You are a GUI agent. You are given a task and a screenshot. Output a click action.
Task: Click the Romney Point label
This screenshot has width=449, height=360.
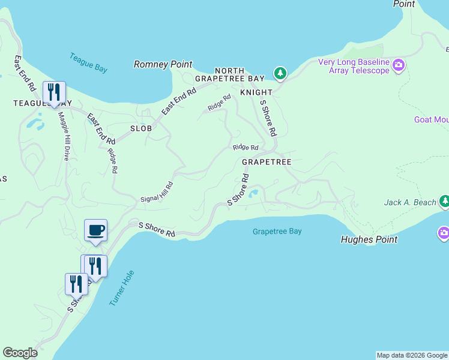tap(163, 64)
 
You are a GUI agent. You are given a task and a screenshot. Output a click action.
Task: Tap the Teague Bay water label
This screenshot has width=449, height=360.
tap(88, 63)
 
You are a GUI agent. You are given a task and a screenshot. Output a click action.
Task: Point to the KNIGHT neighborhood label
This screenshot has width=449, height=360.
tap(256, 92)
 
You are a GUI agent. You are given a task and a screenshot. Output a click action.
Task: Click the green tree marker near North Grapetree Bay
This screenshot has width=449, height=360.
tap(280, 74)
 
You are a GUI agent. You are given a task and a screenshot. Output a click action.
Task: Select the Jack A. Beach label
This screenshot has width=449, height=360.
tap(410, 202)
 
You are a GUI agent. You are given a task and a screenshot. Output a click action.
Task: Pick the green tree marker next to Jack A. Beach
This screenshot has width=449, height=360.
tap(444, 202)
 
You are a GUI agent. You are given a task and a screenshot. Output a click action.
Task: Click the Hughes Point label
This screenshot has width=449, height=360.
tap(369, 239)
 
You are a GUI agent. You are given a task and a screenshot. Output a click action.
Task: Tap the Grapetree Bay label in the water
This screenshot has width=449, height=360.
tap(277, 231)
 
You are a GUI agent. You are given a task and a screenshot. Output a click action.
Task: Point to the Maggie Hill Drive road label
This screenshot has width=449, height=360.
tap(64, 137)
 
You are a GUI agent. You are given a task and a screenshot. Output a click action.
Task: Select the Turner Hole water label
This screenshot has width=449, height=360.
tap(122, 289)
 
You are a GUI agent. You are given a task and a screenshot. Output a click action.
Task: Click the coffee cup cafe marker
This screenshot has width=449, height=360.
tap(95, 230)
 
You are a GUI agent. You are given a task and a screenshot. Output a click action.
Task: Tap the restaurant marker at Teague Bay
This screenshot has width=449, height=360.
tap(55, 92)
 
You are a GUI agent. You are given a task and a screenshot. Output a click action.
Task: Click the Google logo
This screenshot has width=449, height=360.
tap(20, 353)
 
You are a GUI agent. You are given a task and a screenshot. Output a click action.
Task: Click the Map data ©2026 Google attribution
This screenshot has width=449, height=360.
tap(412, 355)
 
